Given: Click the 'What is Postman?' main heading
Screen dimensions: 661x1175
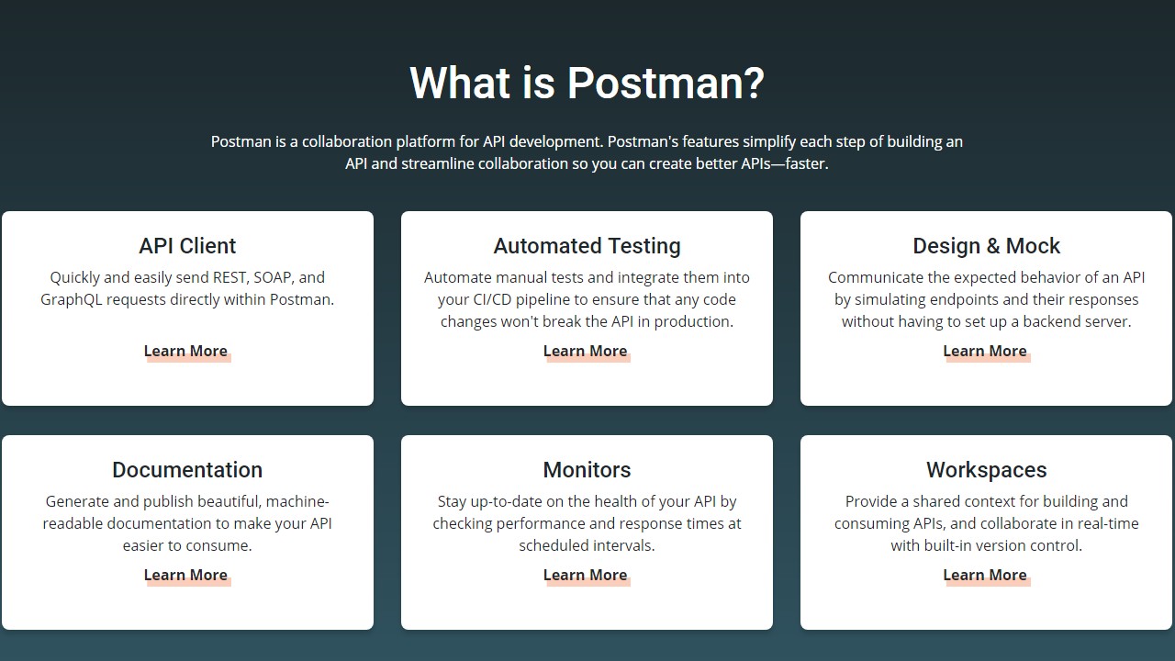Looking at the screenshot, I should [x=587, y=83].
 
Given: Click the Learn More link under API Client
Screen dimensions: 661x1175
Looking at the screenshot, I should [x=185, y=351].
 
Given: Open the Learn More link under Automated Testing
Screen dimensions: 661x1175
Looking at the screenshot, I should [x=585, y=351].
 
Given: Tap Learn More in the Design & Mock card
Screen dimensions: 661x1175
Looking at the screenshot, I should [x=985, y=351].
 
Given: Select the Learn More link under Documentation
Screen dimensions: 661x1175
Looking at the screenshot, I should [x=185, y=575].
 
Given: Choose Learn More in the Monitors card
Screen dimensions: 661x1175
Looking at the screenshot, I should [x=585, y=575].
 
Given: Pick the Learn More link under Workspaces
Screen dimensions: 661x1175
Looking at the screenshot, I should [x=985, y=575].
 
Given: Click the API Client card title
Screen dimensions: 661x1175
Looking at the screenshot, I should [x=187, y=246].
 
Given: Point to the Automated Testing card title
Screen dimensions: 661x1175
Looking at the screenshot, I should [x=587, y=246].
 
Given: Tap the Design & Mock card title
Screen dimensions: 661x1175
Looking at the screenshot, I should [x=986, y=246].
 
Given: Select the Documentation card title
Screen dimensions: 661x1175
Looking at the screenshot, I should [x=187, y=470].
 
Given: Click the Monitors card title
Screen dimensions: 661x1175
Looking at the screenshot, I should [x=587, y=470].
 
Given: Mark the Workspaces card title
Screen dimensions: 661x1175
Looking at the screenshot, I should [x=986, y=470].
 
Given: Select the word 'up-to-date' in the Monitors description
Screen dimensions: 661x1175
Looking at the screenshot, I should [x=509, y=501].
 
